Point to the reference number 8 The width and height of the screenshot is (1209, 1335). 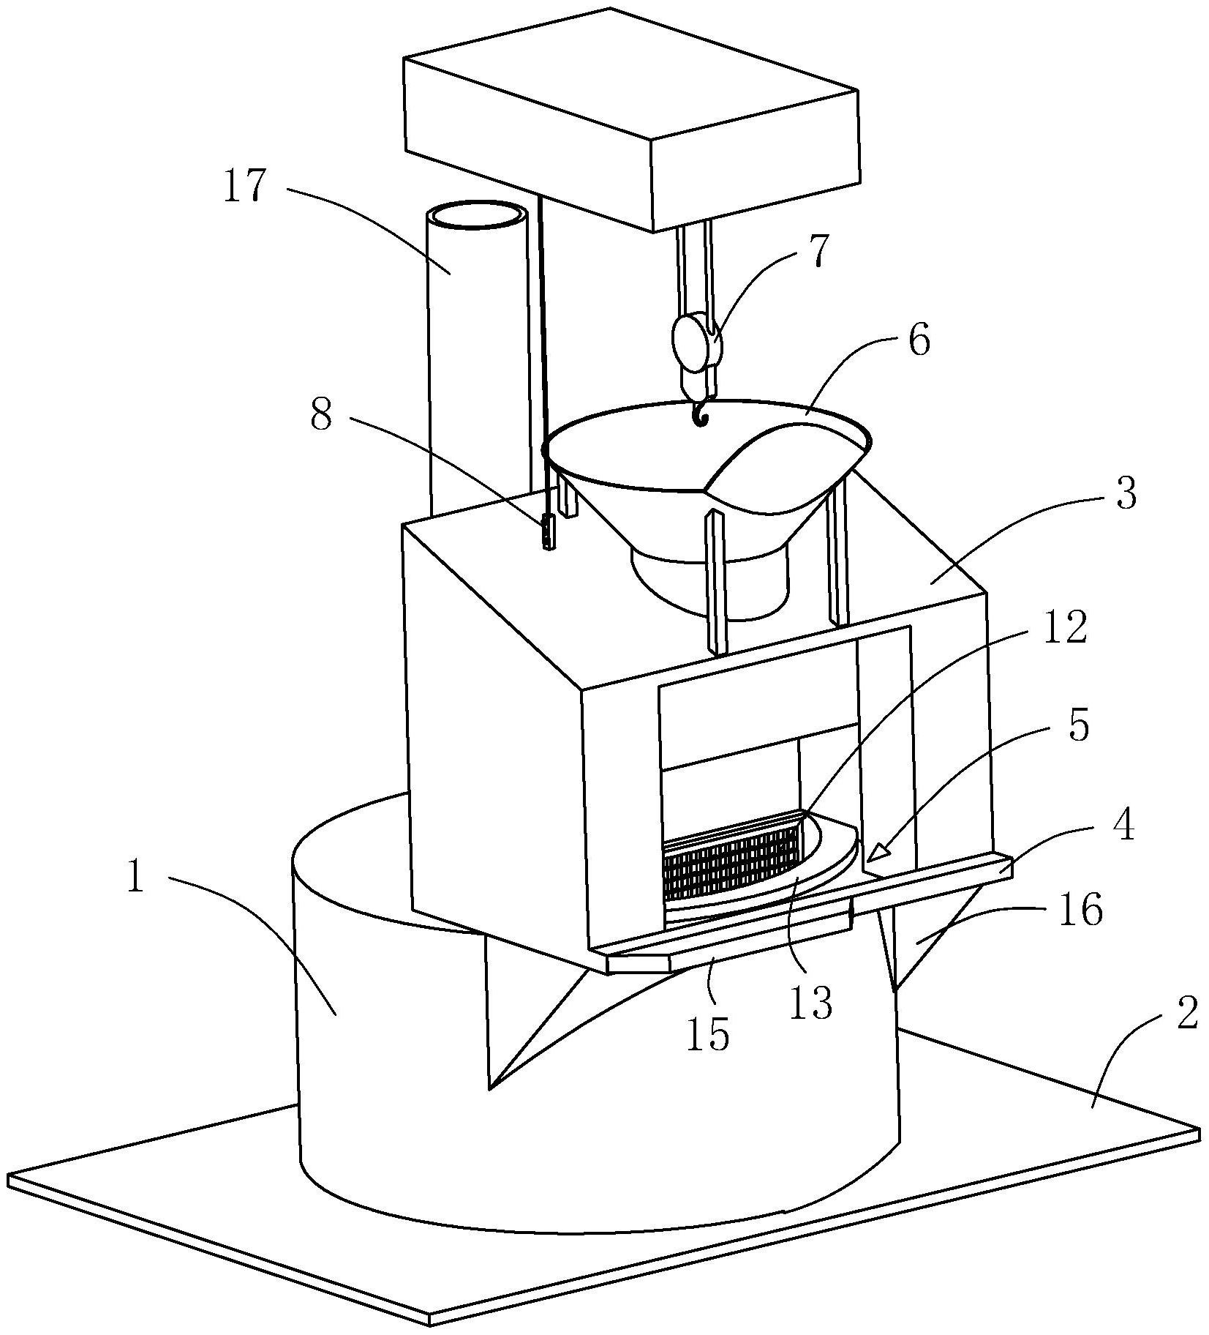coord(321,416)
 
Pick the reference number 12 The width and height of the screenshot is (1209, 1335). coord(1064,628)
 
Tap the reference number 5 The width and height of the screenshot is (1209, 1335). coord(1079,725)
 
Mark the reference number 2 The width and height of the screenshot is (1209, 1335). coord(1186,1015)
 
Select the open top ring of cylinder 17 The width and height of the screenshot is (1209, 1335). coord(478,217)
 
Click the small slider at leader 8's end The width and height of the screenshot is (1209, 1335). coord(547,531)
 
